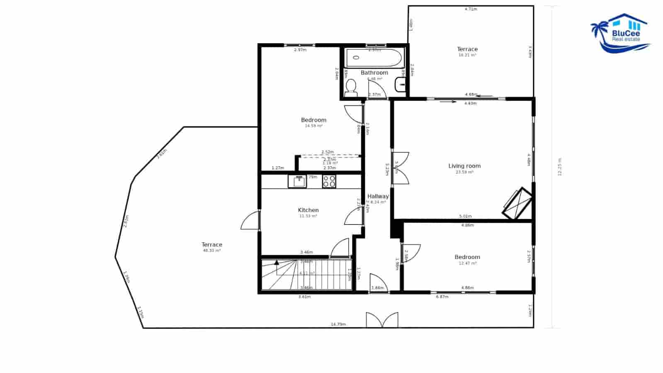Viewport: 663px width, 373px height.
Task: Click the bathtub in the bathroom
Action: [x=374, y=58]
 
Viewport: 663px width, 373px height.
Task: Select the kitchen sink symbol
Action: [x=297, y=181]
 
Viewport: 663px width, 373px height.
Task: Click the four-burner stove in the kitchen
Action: [x=329, y=181]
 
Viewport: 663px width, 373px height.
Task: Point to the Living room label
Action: [x=464, y=166]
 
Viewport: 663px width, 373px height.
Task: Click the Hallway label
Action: [x=378, y=196]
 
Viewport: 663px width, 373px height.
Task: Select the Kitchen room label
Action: [x=308, y=210]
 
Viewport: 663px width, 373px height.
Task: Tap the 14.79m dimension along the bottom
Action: [x=338, y=324]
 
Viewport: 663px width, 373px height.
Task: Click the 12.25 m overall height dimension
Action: [x=559, y=167]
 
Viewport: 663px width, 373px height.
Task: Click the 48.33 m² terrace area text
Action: [x=211, y=251]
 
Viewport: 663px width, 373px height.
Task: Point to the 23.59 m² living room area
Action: [x=464, y=172]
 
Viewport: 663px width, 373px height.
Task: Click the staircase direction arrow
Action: [x=277, y=262]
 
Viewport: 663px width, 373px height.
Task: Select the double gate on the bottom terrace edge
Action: [x=382, y=320]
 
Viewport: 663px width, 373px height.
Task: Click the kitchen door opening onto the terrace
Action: [x=250, y=220]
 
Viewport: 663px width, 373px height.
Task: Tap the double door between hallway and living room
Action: [x=401, y=168]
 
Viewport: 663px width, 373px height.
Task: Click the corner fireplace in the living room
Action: [x=517, y=203]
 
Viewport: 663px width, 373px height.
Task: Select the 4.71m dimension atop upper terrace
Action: [x=471, y=9]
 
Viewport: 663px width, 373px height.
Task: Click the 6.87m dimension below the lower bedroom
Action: [x=442, y=297]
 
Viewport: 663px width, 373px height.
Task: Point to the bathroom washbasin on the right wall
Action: [x=401, y=85]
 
